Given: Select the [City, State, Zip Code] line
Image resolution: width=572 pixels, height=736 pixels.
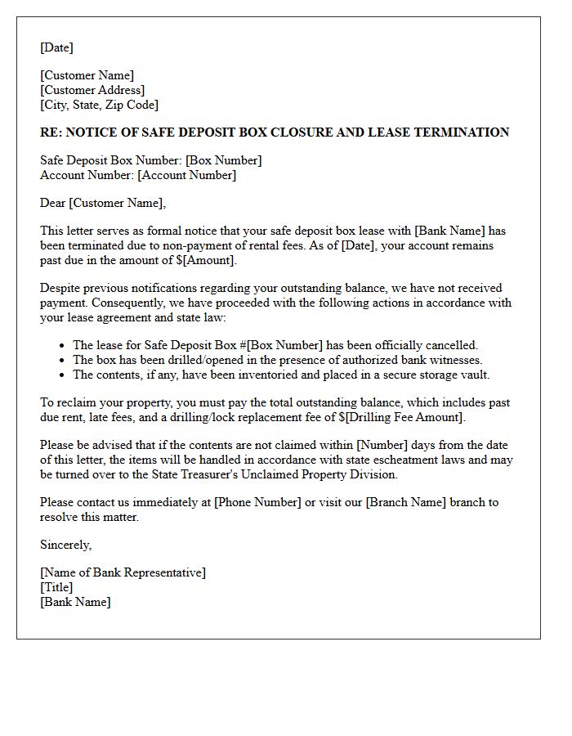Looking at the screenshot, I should coord(99,105).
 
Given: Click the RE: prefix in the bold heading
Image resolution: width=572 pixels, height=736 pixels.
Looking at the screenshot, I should coord(51,132).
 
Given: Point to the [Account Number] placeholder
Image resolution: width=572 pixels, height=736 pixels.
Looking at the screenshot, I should coord(186,175).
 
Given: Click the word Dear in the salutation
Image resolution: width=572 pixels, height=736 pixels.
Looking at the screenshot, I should coord(53,203).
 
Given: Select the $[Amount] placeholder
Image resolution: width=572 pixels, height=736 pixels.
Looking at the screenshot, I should coord(207,260).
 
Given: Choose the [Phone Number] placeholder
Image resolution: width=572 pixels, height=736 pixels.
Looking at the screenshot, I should coord(257,502).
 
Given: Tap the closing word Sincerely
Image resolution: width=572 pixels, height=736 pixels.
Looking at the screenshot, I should coord(65,545).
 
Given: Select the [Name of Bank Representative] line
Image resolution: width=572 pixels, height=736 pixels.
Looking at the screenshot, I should coord(123,572).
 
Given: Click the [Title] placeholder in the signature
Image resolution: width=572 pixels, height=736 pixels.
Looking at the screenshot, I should coord(56,587).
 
